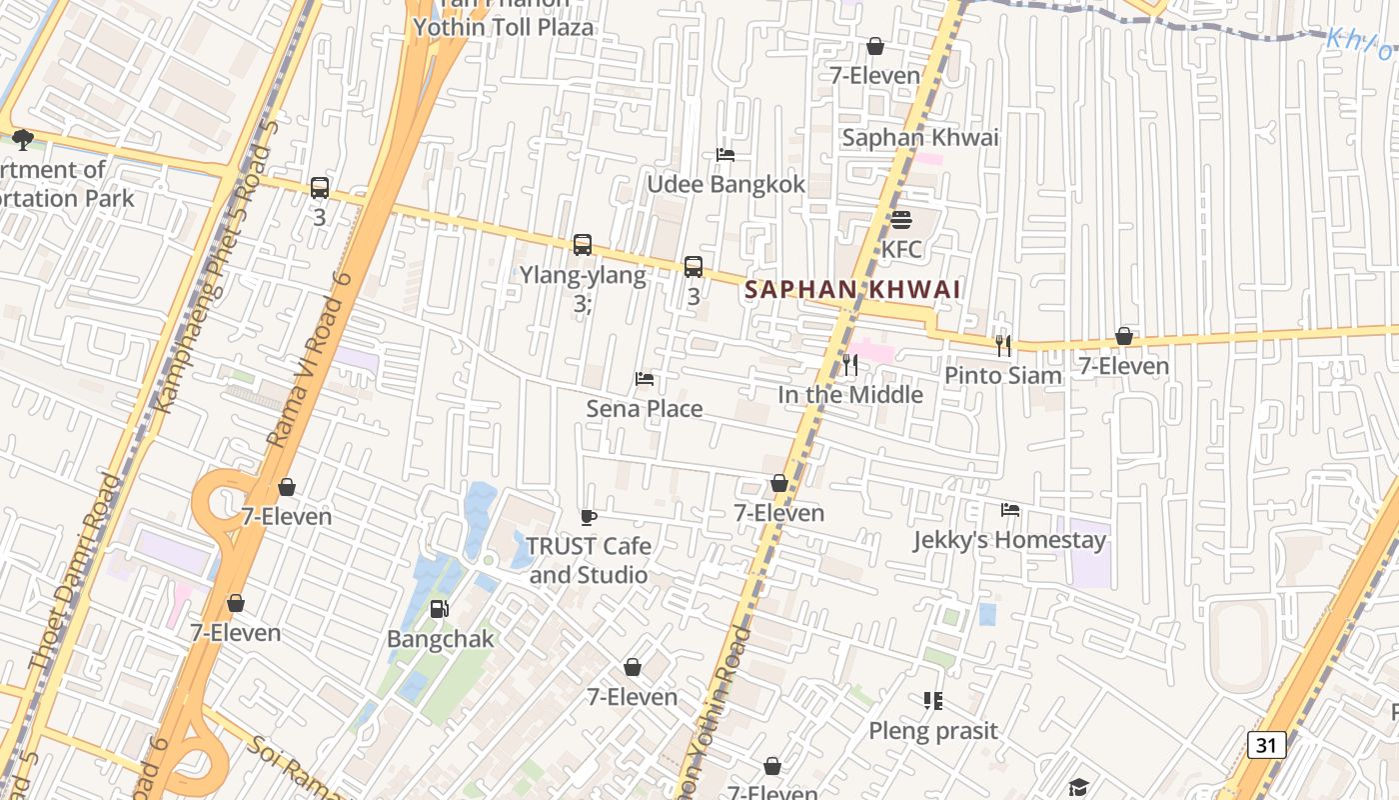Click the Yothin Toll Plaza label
(x=504, y=27)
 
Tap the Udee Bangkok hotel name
(x=725, y=185)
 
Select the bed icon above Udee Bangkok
(x=725, y=155)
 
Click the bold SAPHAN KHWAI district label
(x=852, y=290)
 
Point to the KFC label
(x=901, y=249)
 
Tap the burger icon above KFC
(x=901, y=220)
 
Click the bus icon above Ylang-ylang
(x=582, y=245)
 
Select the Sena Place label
(x=645, y=409)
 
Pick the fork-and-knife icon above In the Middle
(x=850, y=365)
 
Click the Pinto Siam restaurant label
(x=1003, y=376)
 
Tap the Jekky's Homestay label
(x=1009, y=541)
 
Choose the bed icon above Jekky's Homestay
(x=1010, y=511)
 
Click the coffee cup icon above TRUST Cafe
(x=589, y=517)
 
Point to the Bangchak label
(x=440, y=639)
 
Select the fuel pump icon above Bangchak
(x=439, y=609)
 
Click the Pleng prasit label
(x=932, y=731)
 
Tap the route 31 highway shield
(x=1266, y=745)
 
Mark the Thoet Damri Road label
(x=75, y=572)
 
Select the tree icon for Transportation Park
(x=22, y=140)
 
